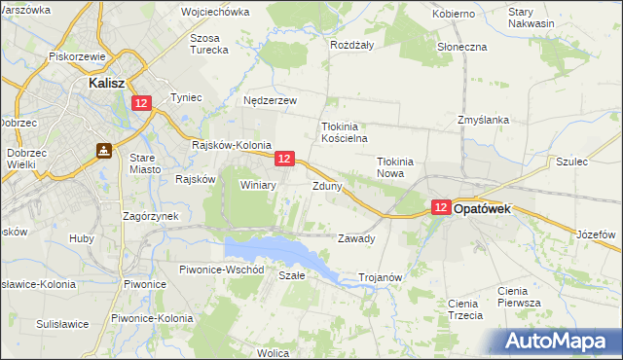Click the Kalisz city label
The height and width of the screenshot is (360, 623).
coord(103,84)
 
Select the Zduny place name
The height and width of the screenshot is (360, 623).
coord(327,186)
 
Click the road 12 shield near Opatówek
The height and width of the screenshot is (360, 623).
coord(441,207)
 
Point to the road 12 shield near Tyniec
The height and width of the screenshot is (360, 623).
coord(142,103)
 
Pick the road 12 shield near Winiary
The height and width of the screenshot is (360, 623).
coord(283,158)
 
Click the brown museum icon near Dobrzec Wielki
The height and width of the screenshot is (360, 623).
coord(103,151)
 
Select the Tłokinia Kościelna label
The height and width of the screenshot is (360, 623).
coord(344,132)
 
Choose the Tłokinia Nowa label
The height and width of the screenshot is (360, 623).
coord(397,168)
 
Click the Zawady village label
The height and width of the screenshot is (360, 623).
coord(356,238)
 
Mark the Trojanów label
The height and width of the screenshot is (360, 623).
coord(381,277)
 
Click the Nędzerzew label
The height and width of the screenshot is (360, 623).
coord(270,100)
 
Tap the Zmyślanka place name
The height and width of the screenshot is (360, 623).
coord(484,120)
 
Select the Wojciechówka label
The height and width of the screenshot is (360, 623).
coord(215,13)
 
